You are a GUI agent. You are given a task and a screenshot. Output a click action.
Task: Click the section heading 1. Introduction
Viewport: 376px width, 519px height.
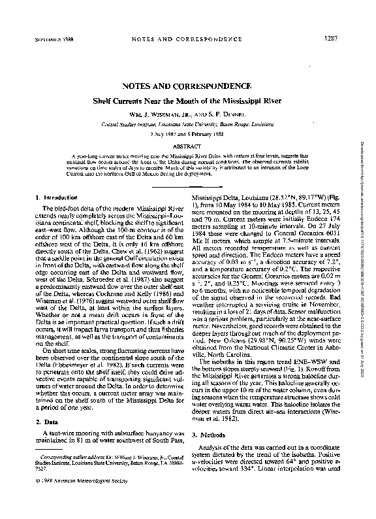pyautogui.click(x=54, y=196)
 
